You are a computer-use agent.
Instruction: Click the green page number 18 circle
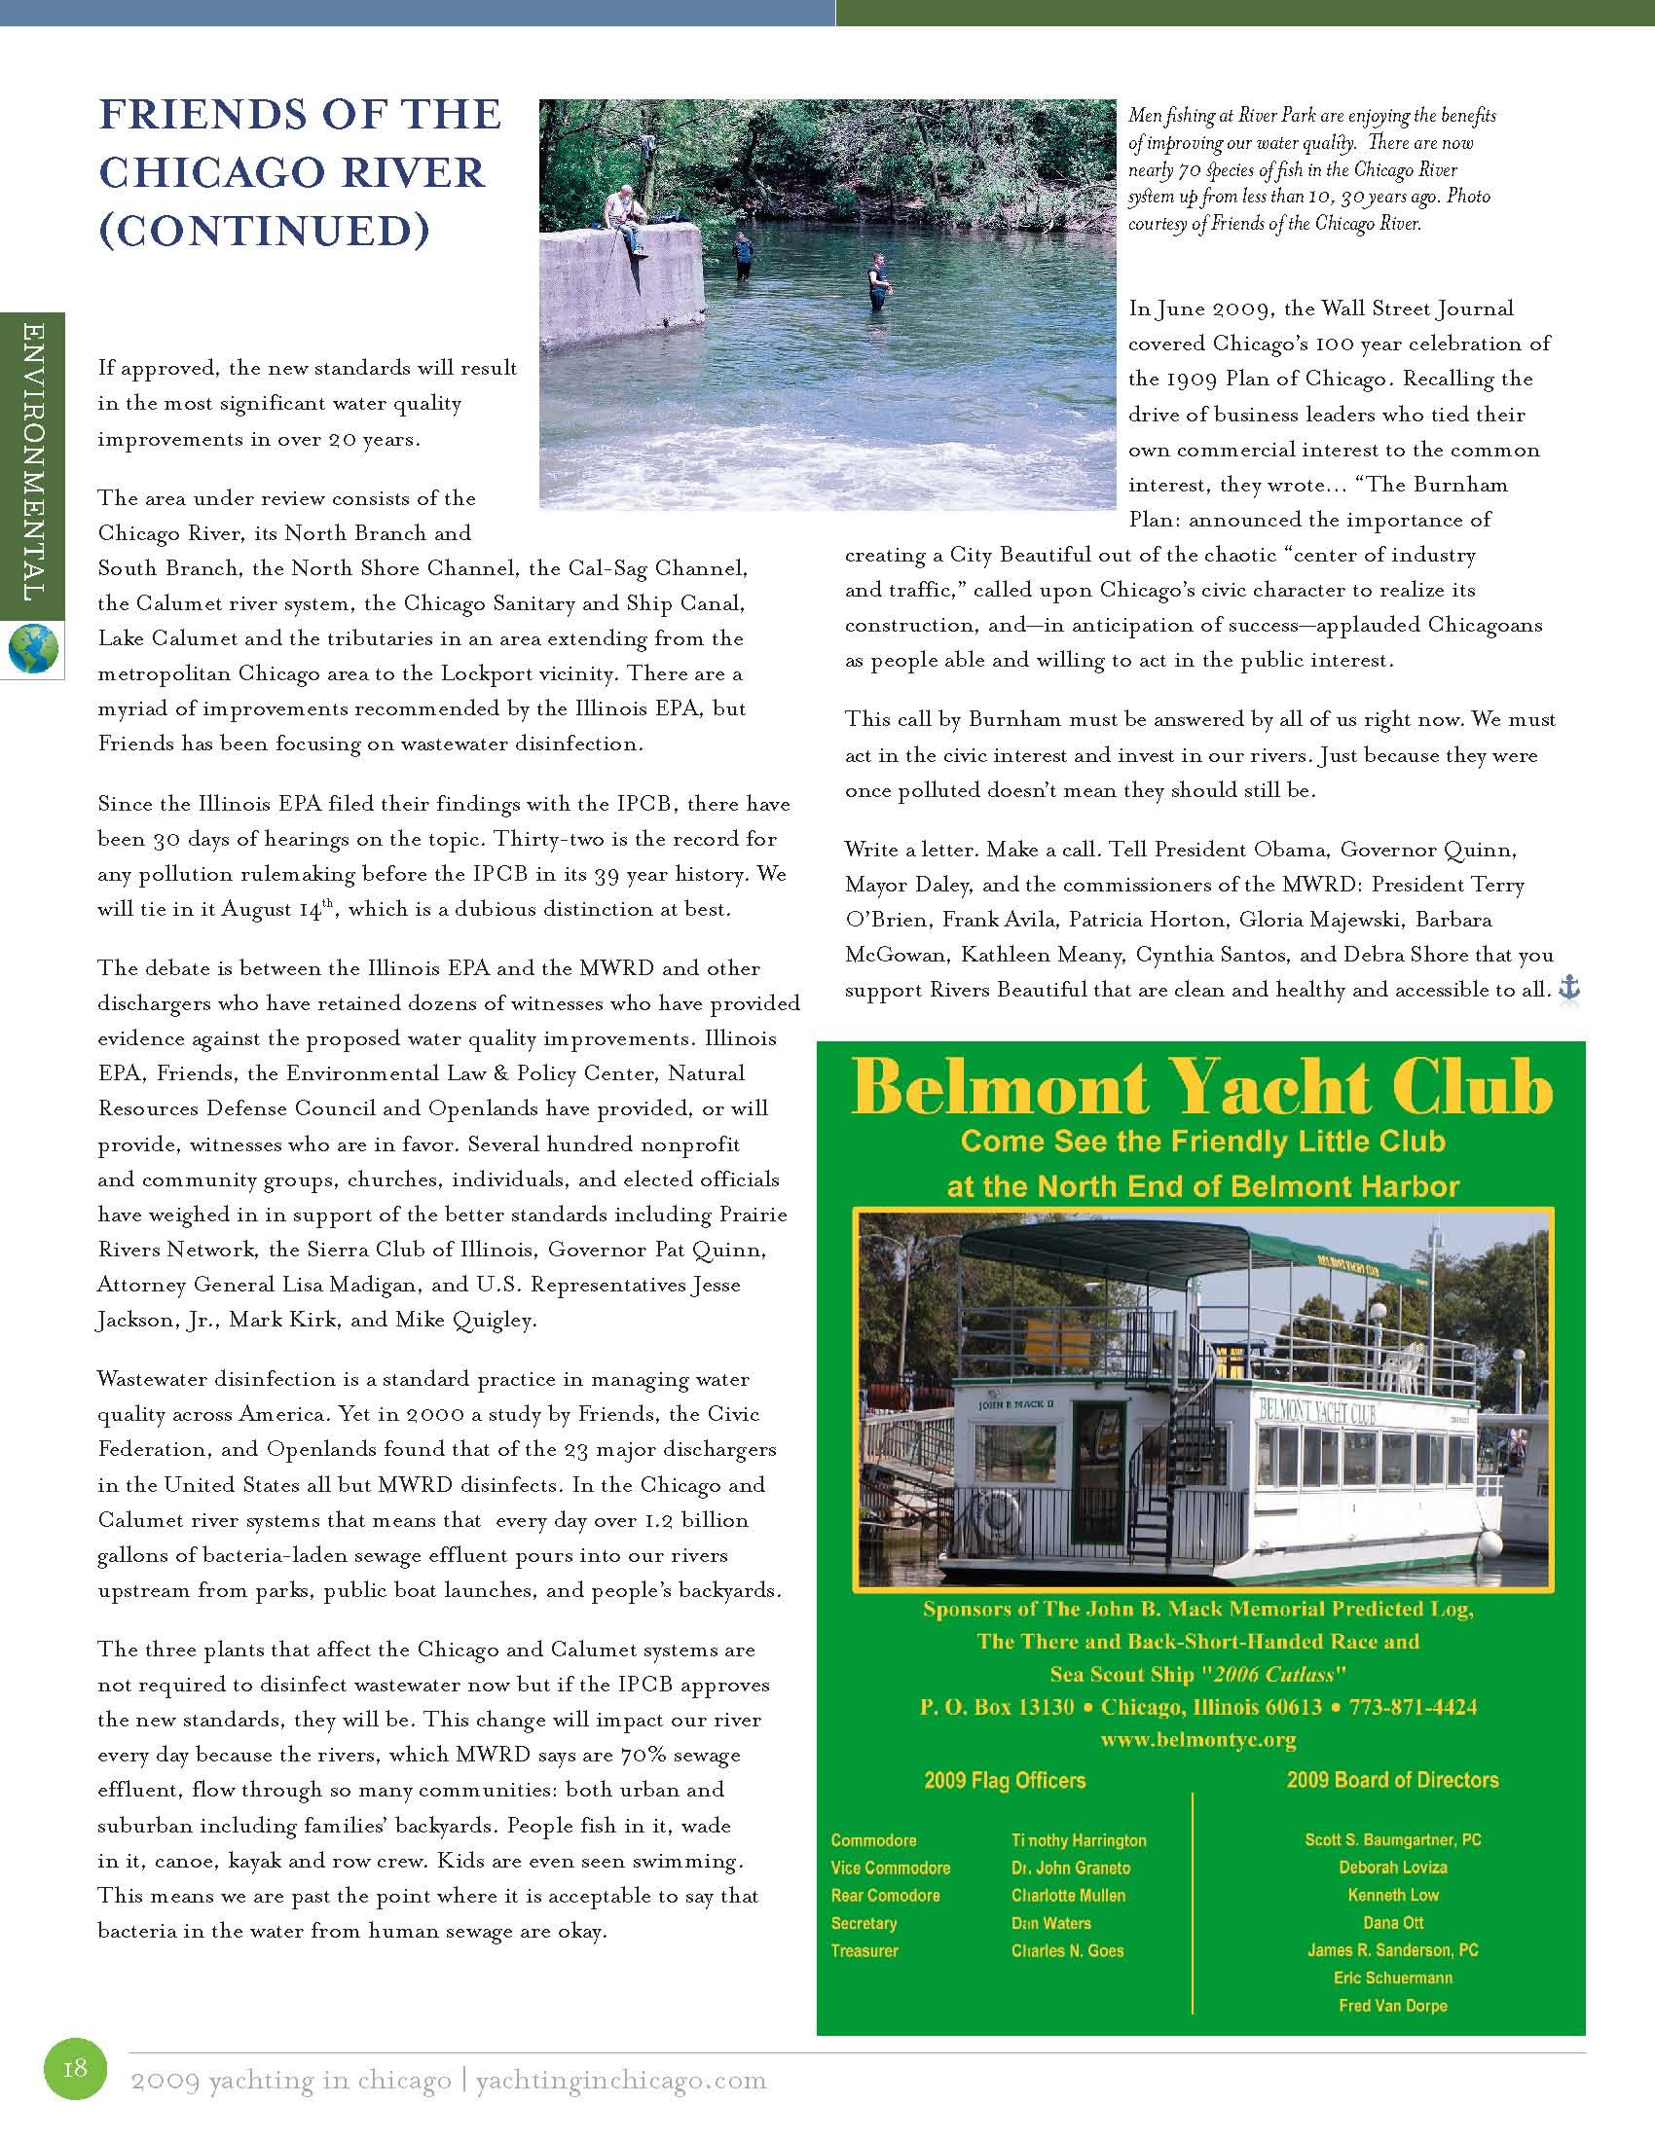point(76,2068)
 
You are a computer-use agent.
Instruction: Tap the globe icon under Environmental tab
point(32,650)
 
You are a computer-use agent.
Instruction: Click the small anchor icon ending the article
point(1569,989)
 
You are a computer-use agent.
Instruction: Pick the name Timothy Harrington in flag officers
point(1079,1840)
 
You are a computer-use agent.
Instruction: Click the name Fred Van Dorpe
point(1392,2005)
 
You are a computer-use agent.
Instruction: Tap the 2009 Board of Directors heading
point(1392,1779)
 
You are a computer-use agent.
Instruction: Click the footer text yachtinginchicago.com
point(621,2081)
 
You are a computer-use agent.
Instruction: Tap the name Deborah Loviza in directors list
point(1392,1868)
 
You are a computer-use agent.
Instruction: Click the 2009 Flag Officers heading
point(1004,1780)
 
